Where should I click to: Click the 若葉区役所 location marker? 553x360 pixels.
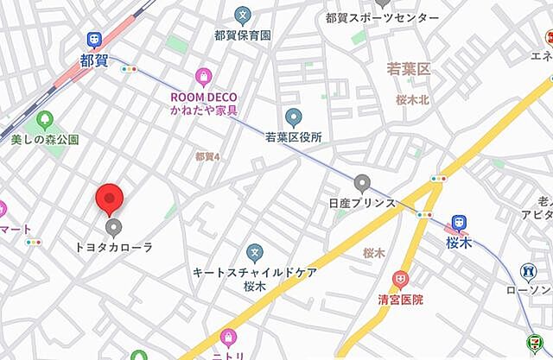(x=294, y=118)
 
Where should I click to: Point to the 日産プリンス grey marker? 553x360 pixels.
(x=362, y=183)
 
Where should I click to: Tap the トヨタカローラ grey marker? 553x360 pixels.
(x=113, y=228)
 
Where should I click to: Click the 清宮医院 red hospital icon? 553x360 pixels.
(x=399, y=280)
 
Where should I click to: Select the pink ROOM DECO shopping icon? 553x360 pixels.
(x=203, y=78)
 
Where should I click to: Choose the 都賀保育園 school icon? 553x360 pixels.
(x=243, y=15)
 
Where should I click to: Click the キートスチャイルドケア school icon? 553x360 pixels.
(x=254, y=253)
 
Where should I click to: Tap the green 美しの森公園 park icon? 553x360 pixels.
(x=44, y=119)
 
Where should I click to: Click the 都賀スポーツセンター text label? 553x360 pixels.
(x=382, y=17)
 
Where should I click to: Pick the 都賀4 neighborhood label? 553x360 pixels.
(x=207, y=156)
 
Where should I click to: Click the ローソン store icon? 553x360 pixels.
(x=528, y=273)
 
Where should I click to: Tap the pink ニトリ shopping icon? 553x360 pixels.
(x=229, y=338)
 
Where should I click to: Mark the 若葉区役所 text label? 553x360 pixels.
(x=294, y=137)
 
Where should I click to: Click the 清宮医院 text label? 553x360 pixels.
(x=400, y=300)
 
